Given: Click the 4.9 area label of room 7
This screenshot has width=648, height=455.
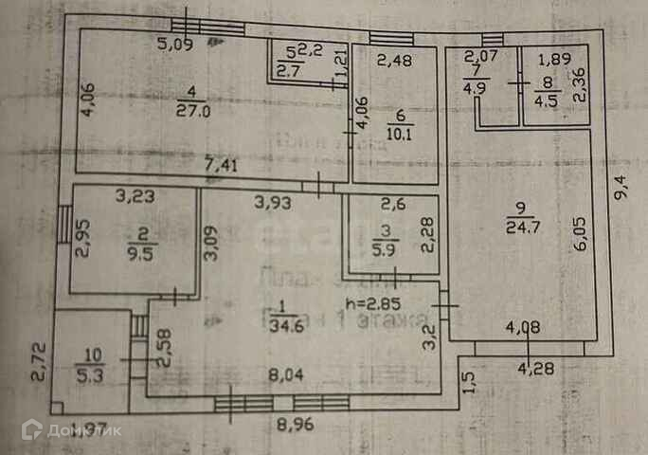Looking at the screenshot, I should pos(473,90).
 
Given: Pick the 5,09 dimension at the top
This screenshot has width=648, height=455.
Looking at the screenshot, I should pos(175,43).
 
